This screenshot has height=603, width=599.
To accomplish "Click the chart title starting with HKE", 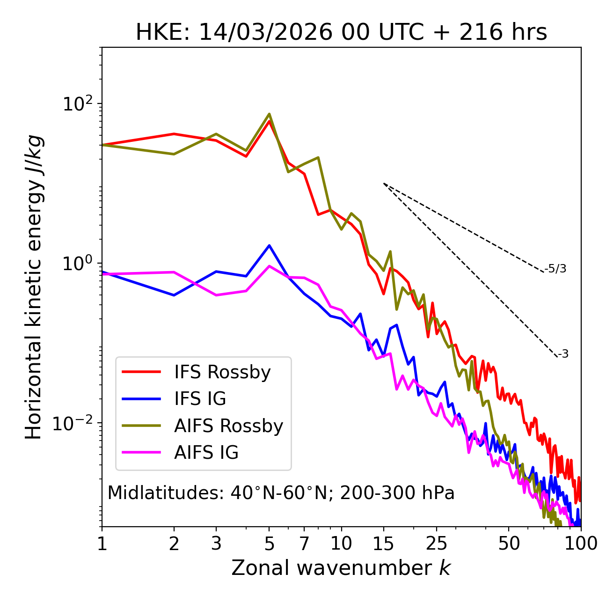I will [x=341, y=33].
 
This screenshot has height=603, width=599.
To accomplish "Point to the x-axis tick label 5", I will [x=269, y=544].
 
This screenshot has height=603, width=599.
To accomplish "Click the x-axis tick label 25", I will [x=437, y=544].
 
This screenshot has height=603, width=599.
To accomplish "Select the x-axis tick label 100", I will [x=581, y=544].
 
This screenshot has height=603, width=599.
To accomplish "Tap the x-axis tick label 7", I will [x=304, y=544].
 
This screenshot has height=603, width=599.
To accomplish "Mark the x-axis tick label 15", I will [x=383, y=544].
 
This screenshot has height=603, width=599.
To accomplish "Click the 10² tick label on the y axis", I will [x=77, y=104].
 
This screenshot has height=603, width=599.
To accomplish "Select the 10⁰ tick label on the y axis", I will [x=77, y=264].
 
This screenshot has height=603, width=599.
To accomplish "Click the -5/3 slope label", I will [x=555, y=269].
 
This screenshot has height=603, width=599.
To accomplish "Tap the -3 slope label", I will [x=563, y=354].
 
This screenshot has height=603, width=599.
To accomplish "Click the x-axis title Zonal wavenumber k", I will [x=341, y=568].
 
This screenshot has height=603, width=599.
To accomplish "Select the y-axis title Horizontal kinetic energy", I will [x=34, y=287].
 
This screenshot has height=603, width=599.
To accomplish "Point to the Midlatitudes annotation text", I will [x=281, y=493].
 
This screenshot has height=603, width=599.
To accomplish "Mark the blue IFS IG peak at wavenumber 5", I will [x=269, y=245].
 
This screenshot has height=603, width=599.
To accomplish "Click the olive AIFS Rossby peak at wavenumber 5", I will [x=269, y=114].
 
